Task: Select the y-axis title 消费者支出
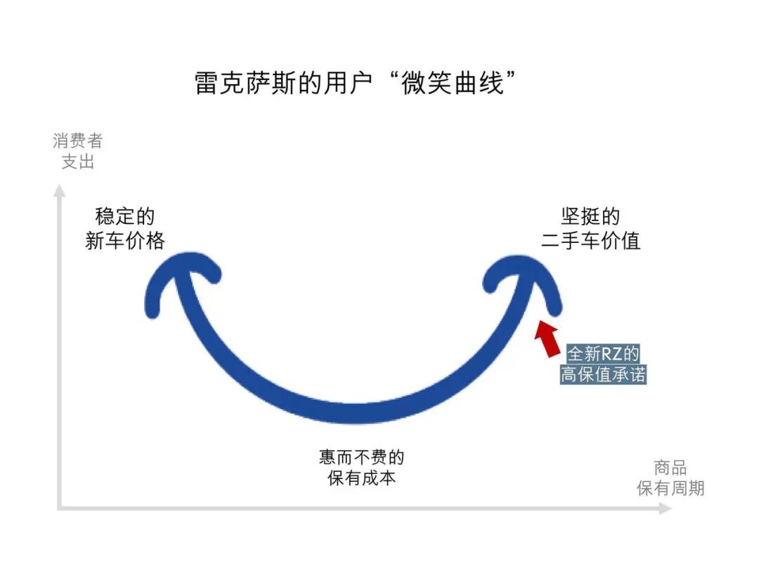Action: [77, 151]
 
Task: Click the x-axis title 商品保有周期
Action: [670, 478]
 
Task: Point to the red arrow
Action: [547, 338]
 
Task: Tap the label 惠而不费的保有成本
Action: [361, 468]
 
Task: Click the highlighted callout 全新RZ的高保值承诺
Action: [604, 364]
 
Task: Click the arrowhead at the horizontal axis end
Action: [665, 508]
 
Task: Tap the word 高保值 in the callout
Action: [586, 374]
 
